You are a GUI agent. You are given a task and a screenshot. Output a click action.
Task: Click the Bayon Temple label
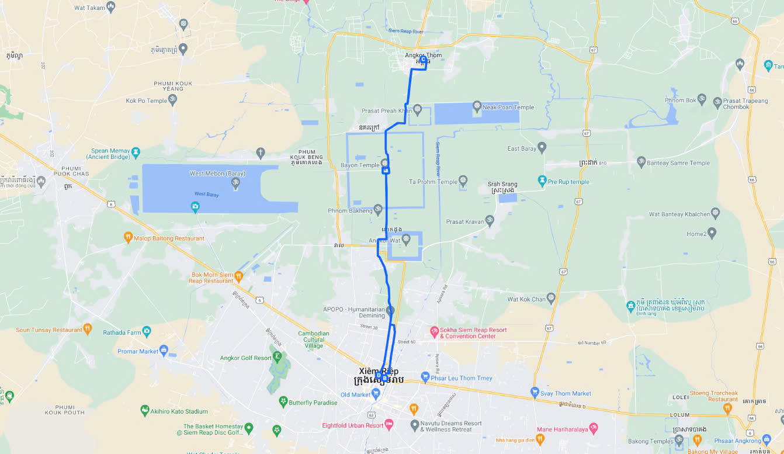[x=360, y=165]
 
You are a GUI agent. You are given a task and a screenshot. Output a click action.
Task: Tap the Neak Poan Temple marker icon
[x=477, y=106]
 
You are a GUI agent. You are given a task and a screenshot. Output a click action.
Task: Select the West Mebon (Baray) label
[x=217, y=174]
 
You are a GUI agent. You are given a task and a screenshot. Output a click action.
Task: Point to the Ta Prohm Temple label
[x=433, y=182]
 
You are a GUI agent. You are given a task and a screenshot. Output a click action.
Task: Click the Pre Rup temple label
[x=568, y=182]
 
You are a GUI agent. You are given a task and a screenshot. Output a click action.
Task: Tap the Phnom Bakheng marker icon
[x=378, y=208]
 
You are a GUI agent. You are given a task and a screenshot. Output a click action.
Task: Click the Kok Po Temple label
[x=147, y=100]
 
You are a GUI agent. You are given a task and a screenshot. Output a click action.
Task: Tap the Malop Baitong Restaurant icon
[x=129, y=237]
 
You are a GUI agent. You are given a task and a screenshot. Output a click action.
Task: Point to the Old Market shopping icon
[x=376, y=394]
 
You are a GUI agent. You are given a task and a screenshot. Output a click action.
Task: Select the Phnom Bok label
[x=681, y=100]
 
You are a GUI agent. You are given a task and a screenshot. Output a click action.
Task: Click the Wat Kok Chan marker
[x=551, y=299]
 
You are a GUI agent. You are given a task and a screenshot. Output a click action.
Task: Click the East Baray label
[x=522, y=148]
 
